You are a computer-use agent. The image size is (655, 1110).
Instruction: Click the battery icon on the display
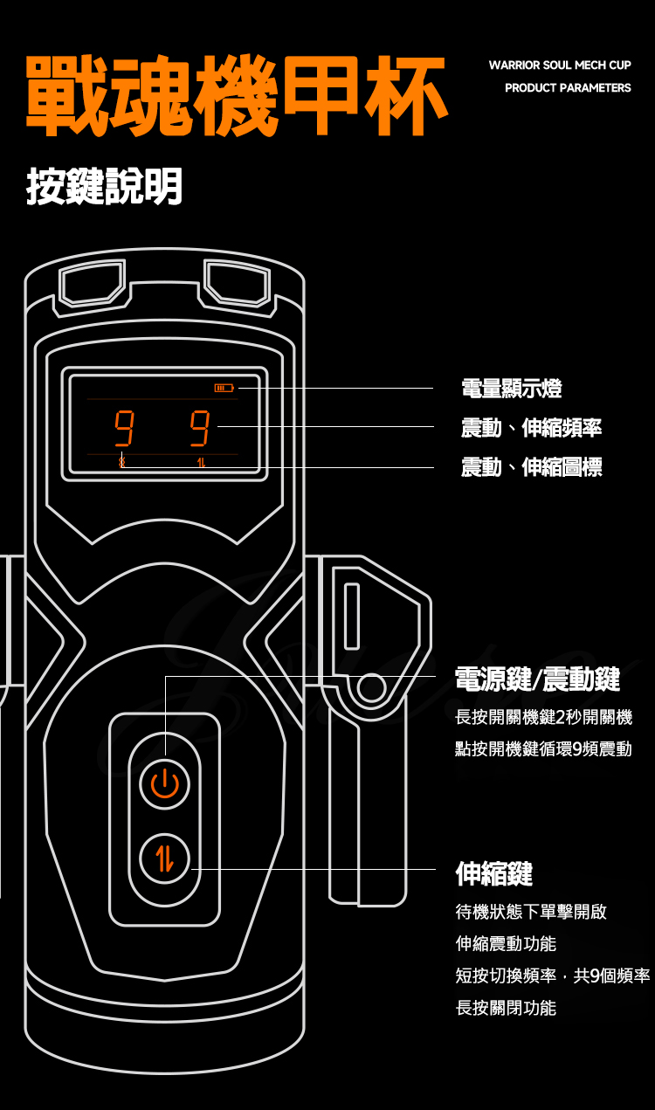224,387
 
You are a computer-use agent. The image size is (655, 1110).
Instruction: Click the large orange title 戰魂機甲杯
236,97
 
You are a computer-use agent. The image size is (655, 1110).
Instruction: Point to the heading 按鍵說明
104,186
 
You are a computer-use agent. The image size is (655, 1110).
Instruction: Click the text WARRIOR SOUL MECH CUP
559,65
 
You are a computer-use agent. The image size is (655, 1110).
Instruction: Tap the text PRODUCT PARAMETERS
567,88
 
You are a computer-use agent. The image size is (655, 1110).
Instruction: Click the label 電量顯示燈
511,388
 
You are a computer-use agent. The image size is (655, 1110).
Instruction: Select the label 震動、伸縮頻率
531,428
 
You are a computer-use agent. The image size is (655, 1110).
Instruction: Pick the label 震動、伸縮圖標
531,468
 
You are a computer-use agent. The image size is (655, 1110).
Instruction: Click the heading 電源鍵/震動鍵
537,678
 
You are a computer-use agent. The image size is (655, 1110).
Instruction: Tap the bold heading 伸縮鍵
493,872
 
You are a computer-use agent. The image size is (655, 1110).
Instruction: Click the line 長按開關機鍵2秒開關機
543,718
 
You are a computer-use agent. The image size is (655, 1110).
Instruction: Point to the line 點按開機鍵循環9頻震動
543,749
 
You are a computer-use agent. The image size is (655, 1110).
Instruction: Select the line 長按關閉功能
506,1008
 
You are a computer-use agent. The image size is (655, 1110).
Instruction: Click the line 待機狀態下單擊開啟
531,912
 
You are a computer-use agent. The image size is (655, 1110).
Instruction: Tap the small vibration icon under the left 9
122,462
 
